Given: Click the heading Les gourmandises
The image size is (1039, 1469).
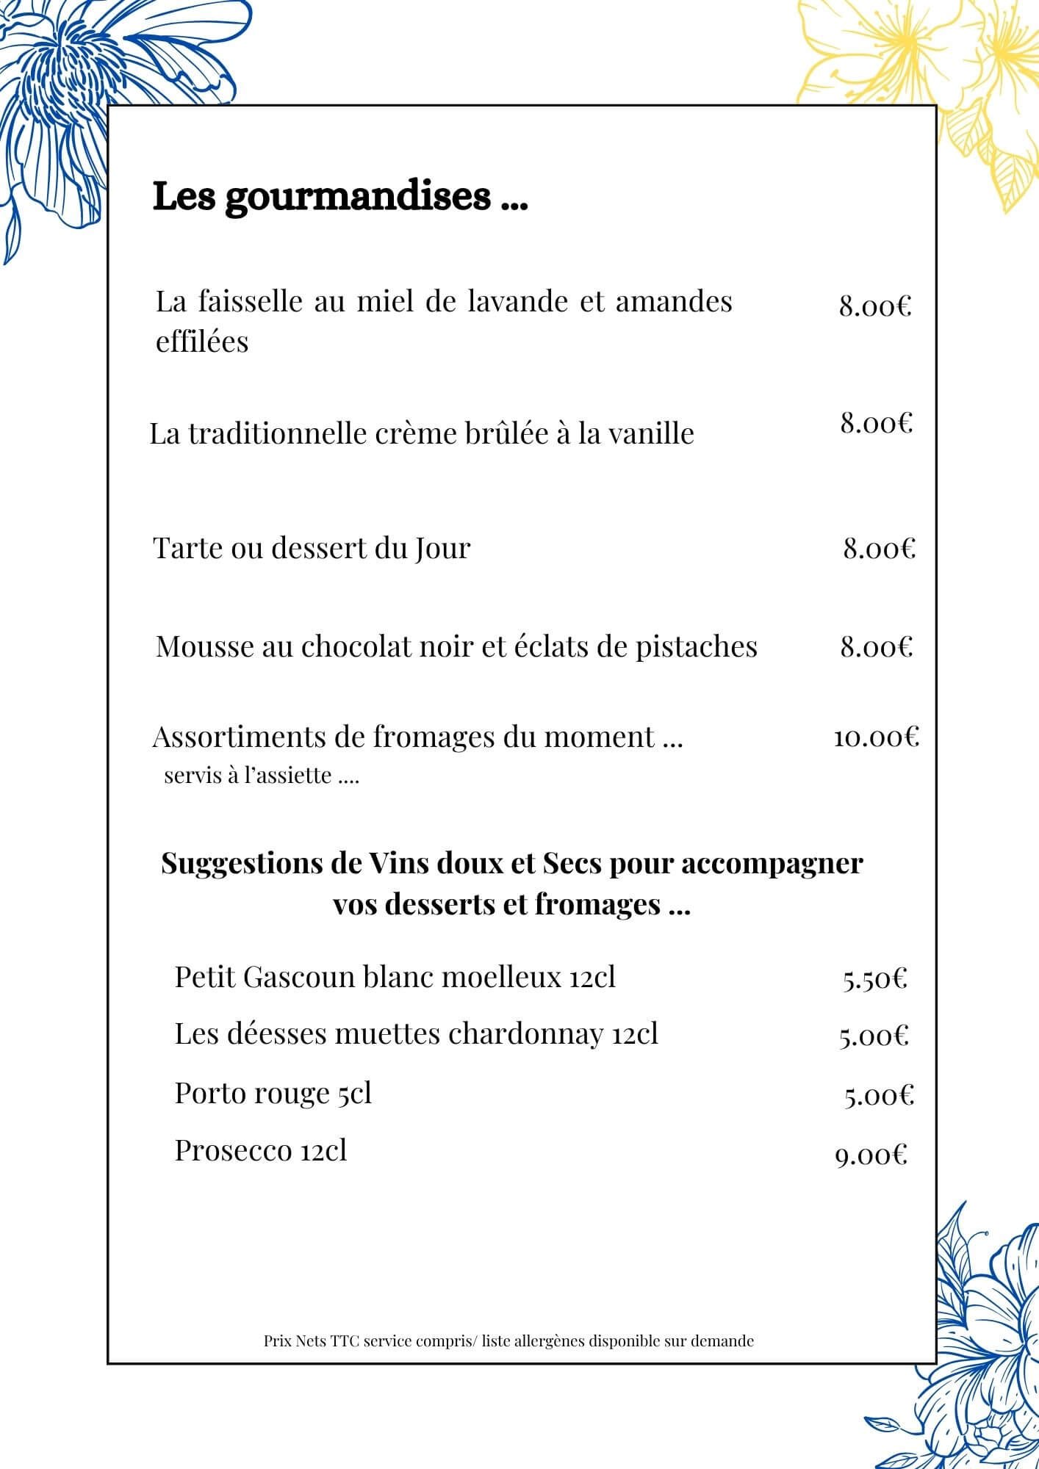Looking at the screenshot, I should (x=339, y=198).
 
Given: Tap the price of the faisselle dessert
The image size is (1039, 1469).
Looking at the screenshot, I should (x=875, y=306).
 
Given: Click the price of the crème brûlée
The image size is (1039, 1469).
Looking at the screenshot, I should (x=877, y=424).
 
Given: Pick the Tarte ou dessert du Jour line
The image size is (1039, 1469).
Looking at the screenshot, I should (x=312, y=549).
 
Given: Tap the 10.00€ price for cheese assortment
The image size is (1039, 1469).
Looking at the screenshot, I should (x=876, y=737).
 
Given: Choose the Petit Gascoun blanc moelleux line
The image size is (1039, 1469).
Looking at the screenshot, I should (x=395, y=978).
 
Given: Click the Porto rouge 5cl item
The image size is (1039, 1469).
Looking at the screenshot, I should (x=273, y=1094).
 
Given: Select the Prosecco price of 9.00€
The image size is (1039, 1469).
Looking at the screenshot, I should (x=871, y=1156).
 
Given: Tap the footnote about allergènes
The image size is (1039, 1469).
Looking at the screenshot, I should (x=508, y=1341).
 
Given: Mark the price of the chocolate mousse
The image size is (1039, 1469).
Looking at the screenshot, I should (x=877, y=647).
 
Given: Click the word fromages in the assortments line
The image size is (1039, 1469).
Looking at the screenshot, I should (x=433, y=737).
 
